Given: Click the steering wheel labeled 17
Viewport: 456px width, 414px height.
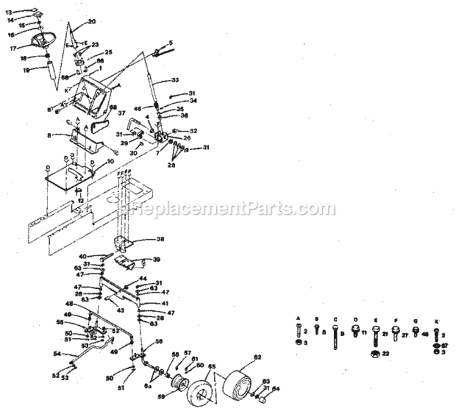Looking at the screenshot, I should [43, 41].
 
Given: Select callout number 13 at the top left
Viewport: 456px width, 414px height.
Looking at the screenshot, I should [8, 12].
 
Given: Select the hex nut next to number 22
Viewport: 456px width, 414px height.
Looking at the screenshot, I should [374, 353].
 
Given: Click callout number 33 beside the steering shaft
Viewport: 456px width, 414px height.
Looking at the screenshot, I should [175, 81].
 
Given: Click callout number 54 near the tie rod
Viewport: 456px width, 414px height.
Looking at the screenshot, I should [57, 354].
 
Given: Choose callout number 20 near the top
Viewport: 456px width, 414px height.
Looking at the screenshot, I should [92, 22].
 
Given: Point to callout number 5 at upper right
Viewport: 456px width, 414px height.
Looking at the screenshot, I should [171, 42].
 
